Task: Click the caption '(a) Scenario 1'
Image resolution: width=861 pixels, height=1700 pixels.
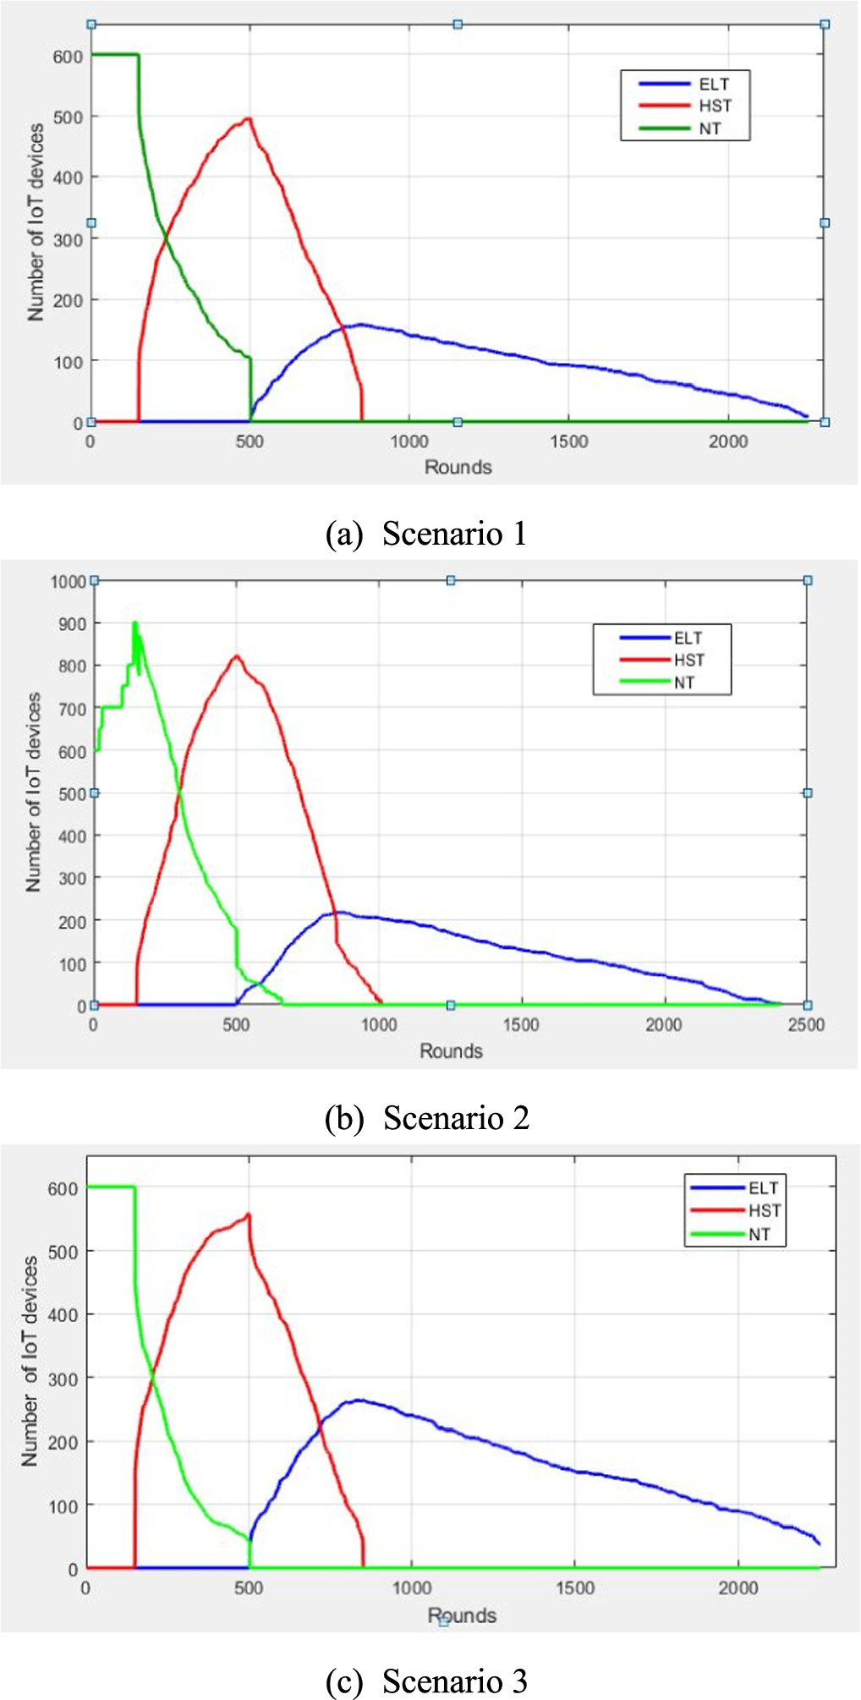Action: tap(427, 534)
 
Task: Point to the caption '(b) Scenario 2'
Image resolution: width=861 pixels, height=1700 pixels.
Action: tap(427, 1118)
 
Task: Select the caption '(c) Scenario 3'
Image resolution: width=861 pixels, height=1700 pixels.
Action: tap(427, 1681)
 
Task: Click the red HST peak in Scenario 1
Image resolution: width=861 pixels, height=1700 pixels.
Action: tap(249, 118)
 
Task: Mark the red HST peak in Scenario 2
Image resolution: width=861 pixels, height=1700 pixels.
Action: tap(237, 656)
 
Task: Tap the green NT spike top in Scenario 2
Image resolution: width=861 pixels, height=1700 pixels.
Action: tap(134, 623)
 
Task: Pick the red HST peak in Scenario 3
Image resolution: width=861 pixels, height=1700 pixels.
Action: tap(248, 1215)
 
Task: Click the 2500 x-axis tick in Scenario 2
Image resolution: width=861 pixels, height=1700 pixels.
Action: tap(806, 1025)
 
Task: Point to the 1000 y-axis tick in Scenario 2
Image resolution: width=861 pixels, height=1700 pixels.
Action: tap(69, 582)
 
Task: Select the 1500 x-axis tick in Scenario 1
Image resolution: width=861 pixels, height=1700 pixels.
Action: tap(568, 441)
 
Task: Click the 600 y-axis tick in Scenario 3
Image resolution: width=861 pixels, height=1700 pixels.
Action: tap(63, 1188)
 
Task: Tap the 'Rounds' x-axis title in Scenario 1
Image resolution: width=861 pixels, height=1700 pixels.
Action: tap(458, 467)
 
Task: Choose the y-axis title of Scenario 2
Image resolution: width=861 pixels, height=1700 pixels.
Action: tap(33, 792)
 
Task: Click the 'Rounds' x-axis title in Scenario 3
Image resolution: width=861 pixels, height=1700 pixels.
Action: tap(462, 1615)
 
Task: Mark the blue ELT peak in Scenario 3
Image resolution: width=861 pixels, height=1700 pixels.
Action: tap(359, 1401)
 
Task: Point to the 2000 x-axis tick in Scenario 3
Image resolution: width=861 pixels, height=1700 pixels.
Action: tap(738, 1588)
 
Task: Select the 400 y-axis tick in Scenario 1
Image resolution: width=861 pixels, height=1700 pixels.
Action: tap(68, 178)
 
